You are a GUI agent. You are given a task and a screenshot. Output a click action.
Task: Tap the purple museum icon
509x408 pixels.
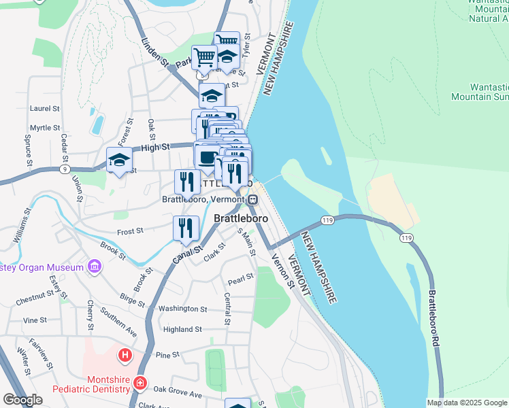pyautogui.click(x=94, y=267)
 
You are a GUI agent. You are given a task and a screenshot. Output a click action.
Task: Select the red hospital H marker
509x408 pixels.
pyautogui.click(x=125, y=354)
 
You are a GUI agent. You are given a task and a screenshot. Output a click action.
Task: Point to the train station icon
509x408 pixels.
pyautogui.click(x=252, y=200)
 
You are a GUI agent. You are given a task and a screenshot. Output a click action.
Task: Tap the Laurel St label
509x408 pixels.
pyautogui.click(x=45, y=108)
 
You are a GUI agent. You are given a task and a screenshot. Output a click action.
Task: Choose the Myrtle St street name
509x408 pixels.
pyautogui.click(x=45, y=127)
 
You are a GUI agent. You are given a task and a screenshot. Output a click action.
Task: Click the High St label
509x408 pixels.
pyautogui.click(x=154, y=147)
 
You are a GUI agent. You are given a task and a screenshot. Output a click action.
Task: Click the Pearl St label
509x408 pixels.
pyautogui.click(x=241, y=278)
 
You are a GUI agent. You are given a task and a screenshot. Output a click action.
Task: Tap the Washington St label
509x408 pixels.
pyautogui.click(x=183, y=309)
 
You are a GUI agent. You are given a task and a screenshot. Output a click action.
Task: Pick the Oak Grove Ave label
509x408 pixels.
pyautogui.click(x=178, y=394)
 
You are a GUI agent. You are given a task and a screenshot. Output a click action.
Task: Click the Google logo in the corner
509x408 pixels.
pyautogui.click(x=22, y=400)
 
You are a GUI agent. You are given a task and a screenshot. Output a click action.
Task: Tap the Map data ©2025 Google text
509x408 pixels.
pyautogui.click(x=467, y=403)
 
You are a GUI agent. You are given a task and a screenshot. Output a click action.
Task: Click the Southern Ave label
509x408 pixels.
pyautogui.click(x=119, y=319)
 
